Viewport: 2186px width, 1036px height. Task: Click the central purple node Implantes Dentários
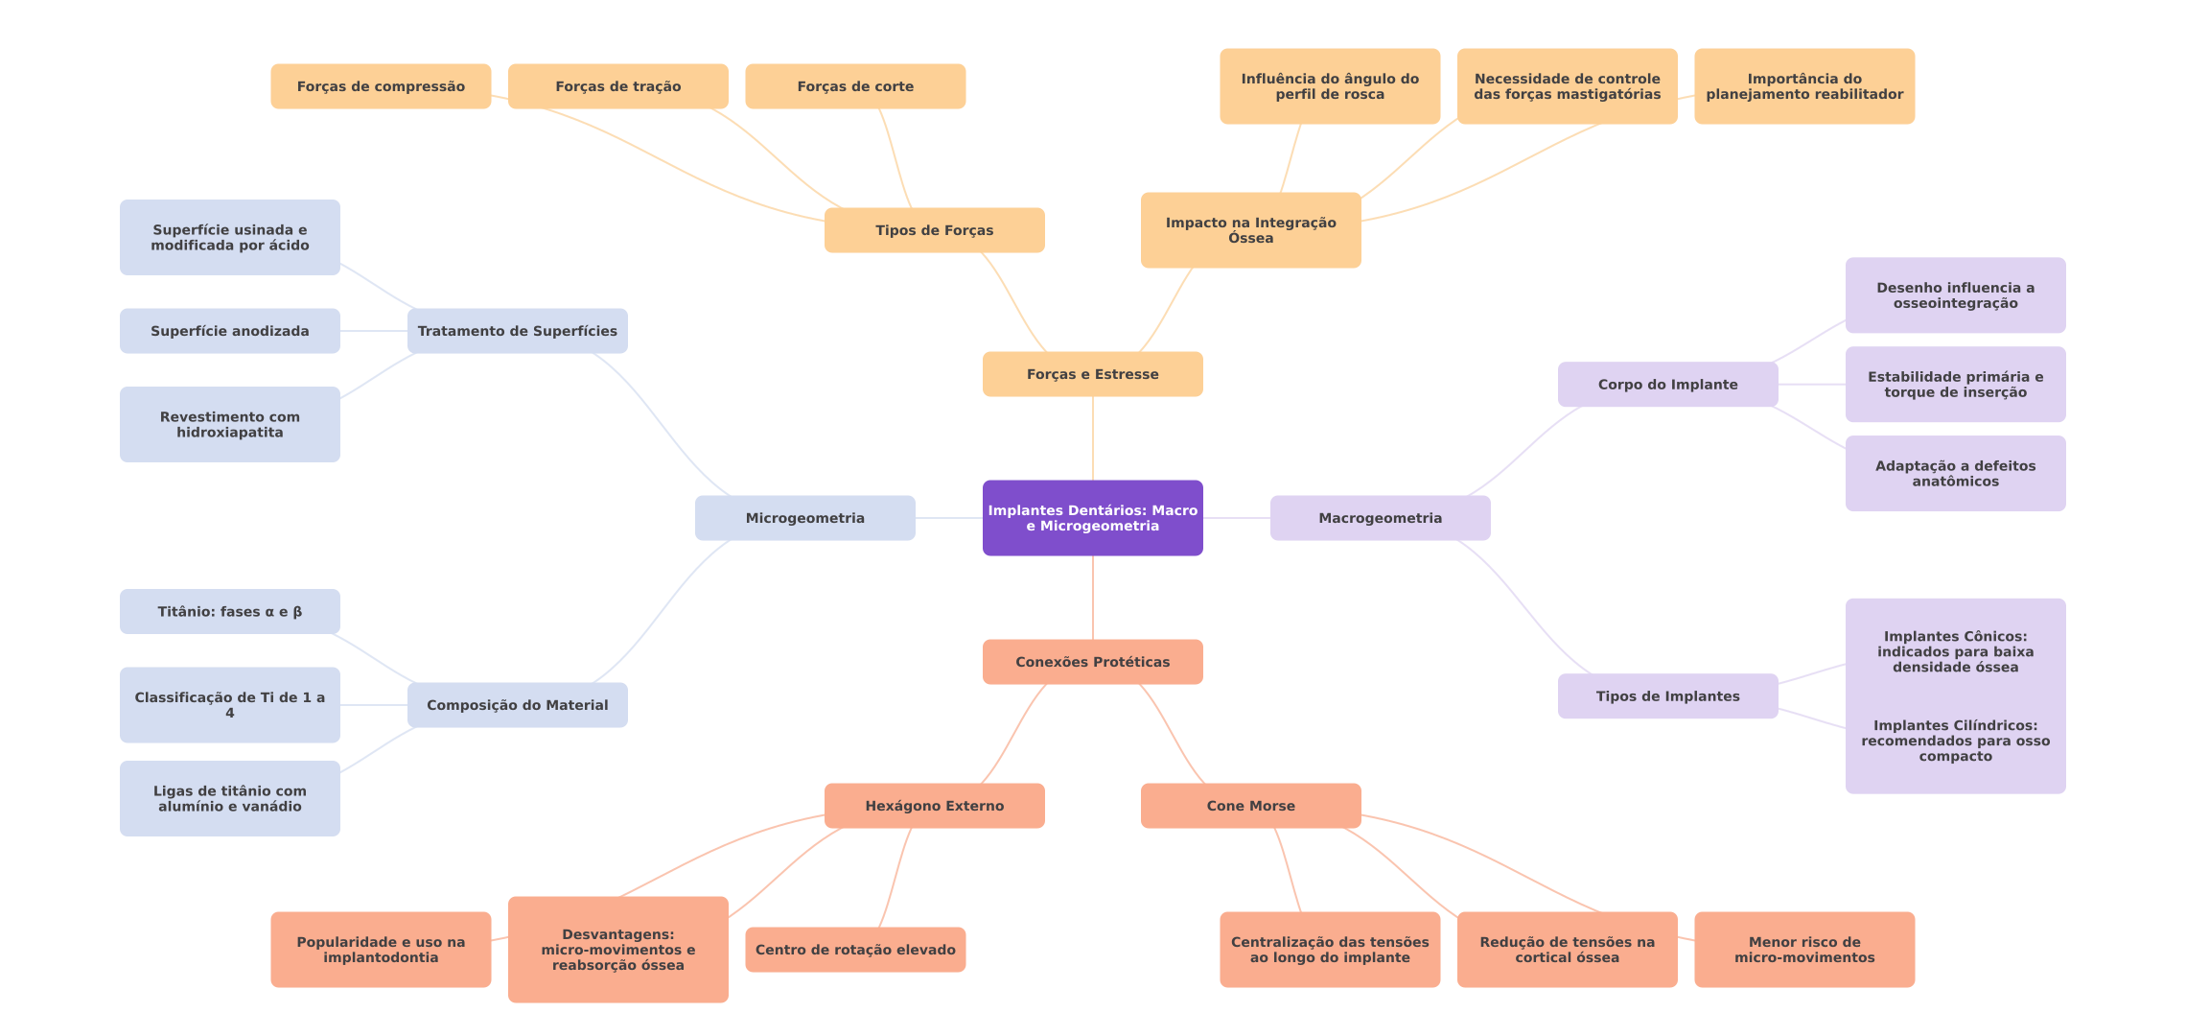click(1092, 518)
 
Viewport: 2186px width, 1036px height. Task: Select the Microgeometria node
click(804, 518)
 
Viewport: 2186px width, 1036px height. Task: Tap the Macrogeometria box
click(1380, 518)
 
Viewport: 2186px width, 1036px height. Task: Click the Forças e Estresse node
click(1092, 374)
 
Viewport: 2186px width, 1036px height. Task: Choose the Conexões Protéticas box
click(1092, 662)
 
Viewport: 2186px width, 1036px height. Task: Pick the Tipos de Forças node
click(934, 230)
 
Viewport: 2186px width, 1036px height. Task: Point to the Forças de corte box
click(855, 86)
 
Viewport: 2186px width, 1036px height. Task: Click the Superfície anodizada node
click(229, 331)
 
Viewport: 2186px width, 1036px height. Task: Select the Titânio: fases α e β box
click(229, 612)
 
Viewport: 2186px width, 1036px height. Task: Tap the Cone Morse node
click(1250, 806)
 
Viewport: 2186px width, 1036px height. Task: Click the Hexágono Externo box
click(934, 806)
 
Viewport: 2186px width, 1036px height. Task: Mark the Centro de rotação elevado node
click(855, 950)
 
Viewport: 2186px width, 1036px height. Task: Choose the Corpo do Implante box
click(1667, 385)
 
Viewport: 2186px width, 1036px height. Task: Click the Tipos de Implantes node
click(1667, 696)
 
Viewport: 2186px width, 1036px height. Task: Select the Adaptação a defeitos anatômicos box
click(1955, 474)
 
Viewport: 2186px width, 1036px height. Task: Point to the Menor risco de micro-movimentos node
click(1804, 950)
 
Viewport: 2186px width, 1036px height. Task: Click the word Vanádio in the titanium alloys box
click(271, 807)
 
